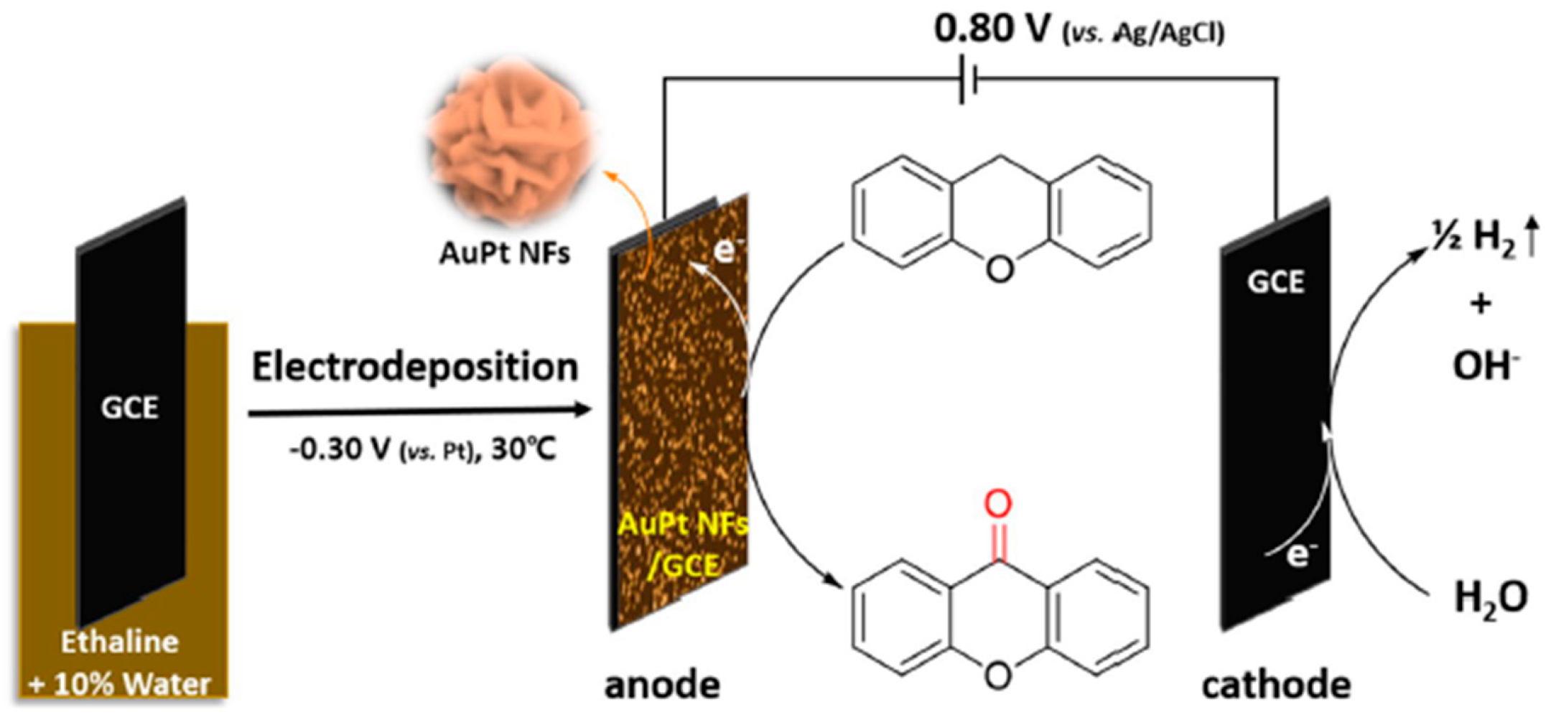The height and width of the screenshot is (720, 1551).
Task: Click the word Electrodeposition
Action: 415,368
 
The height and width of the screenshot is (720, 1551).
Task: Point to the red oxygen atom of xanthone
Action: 998,504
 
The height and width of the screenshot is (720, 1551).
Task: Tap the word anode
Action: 662,685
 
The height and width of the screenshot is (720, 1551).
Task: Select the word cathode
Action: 1276,685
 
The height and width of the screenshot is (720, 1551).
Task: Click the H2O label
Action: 1491,598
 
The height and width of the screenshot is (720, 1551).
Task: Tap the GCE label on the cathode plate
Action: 1275,282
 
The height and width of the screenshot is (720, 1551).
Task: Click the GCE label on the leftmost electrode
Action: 129,408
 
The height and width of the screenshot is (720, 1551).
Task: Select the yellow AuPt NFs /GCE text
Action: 682,546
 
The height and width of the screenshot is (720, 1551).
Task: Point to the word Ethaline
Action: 119,642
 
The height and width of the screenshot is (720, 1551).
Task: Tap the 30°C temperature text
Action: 523,450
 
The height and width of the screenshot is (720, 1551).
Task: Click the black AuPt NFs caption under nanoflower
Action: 505,253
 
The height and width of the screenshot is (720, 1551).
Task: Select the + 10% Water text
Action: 119,684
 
